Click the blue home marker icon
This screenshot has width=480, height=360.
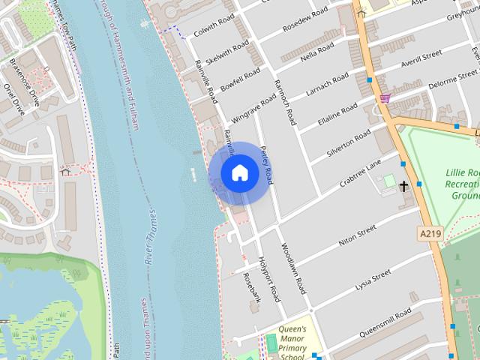tap(239, 172)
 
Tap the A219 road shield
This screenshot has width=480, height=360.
tap(429, 234)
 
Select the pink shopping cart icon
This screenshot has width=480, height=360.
tap(385, 98)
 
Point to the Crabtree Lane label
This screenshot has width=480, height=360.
tap(360, 172)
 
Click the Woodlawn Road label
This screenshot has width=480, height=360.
tap(293, 268)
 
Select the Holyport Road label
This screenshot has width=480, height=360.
tap(269, 279)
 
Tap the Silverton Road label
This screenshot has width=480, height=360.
tap(349, 143)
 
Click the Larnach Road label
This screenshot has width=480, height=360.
tap(328, 85)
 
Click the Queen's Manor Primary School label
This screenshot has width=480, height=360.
tap(292, 342)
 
